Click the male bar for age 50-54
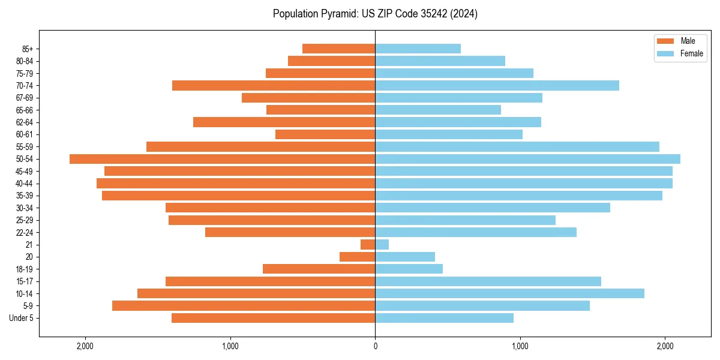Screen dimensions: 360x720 coord(222,159)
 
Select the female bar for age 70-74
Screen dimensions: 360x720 coord(497,86)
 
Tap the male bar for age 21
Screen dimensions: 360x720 coord(368,245)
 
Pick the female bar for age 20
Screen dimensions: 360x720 coord(405,257)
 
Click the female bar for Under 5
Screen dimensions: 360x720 coord(444,318)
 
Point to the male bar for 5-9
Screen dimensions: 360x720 coord(244,306)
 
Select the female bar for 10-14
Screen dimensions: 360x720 coord(509,293)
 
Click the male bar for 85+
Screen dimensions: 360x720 coord(339,49)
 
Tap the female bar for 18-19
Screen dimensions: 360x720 coord(409,269)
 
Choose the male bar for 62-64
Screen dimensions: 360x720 coord(284,122)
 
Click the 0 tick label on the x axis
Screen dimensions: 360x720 coord(375,346)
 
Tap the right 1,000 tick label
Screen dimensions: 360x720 coord(520,346)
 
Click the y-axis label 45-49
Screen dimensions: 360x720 coord(24,171)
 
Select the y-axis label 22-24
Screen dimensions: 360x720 coord(24,233)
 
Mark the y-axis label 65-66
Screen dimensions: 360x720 coord(24,110)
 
